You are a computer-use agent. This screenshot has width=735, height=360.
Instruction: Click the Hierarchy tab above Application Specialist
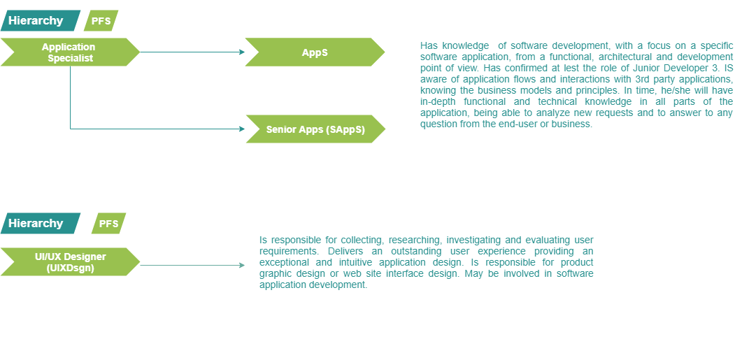(x=36, y=21)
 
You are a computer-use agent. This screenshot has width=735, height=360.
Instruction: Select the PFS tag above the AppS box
(x=100, y=21)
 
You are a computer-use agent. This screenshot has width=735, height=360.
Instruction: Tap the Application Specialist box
(x=69, y=52)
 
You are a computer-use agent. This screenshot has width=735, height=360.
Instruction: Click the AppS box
(x=315, y=52)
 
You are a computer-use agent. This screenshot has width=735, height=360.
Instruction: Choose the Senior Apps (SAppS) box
(x=315, y=129)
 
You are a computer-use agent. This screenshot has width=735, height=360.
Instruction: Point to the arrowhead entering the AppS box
(x=242, y=52)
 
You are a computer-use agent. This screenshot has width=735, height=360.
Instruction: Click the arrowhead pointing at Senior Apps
(x=242, y=129)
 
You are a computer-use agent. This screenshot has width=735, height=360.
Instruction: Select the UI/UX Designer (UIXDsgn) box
(x=69, y=261)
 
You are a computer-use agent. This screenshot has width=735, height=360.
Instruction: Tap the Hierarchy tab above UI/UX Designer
(x=36, y=224)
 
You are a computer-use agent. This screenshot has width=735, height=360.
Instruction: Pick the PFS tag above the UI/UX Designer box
(x=108, y=224)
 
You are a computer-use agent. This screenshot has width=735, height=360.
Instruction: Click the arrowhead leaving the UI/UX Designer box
(x=242, y=265)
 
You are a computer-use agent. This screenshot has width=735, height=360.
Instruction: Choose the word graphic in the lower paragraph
(x=276, y=273)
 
